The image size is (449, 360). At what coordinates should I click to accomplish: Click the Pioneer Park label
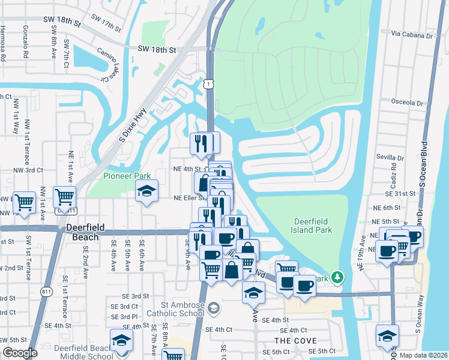[x=126, y=176]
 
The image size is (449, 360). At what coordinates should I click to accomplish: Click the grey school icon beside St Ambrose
[x=214, y=308]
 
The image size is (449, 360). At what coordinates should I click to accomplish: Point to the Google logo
[x=20, y=353]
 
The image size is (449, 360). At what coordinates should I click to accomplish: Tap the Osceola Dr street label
[x=406, y=103]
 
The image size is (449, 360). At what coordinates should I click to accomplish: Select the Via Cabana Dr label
[x=411, y=35]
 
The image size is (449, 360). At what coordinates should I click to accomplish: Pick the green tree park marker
[x=339, y=277]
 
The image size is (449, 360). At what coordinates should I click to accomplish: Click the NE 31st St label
[x=402, y=194]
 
